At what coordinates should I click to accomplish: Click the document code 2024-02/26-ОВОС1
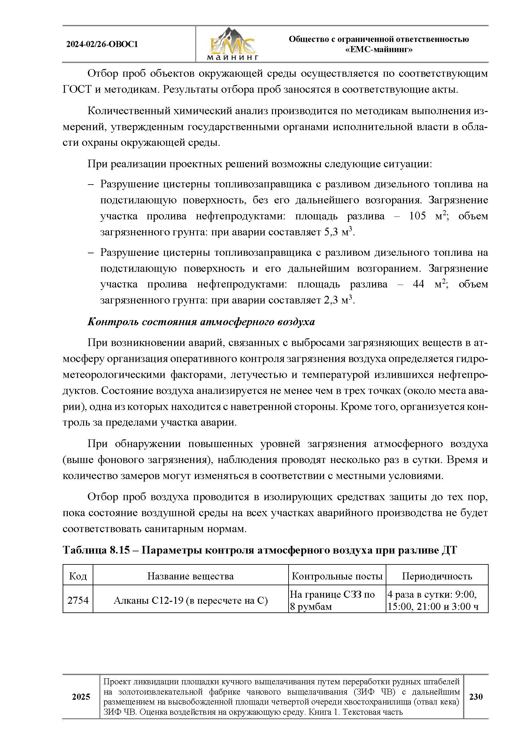tap(102, 44)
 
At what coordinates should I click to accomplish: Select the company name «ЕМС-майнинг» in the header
tap(379, 50)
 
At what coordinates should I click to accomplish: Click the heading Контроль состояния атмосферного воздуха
tap(201, 322)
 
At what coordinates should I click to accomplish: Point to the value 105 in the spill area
tap(417, 216)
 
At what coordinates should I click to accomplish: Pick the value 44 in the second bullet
tap(418, 284)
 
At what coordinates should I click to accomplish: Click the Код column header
tap(78, 576)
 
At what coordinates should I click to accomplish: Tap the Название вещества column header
tap(190, 576)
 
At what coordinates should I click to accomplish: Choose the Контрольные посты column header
tap(337, 576)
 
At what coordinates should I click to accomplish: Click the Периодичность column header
tap(437, 576)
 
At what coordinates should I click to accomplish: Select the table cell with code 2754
tap(78, 600)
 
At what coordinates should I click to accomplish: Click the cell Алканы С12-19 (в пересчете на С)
tap(190, 600)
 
